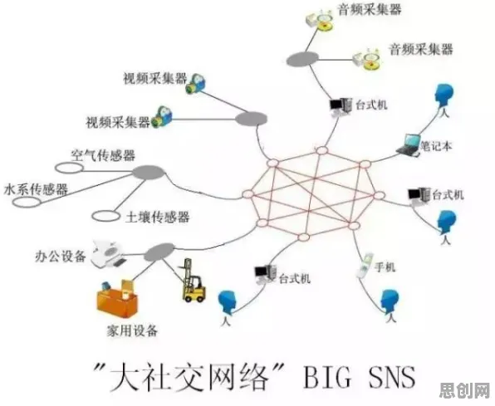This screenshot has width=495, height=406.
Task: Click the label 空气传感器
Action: pyautogui.click(x=103, y=154)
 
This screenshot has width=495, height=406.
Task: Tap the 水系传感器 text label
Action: pyautogui.click(x=36, y=189)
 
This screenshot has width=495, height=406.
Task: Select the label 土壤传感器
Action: pyautogui.click(x=157, y=217)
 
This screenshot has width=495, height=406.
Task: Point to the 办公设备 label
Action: pyautogui.click(x=61, y=256)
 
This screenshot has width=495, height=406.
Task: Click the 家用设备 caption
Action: pyautogui.click(x=132, y=330)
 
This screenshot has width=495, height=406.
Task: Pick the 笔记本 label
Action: pyautogui.click(x=436, y=146)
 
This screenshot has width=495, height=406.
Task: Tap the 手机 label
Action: pyautogui.click(x=385, y=267)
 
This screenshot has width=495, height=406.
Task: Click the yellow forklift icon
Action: pyautogui.click(x=194, y=281)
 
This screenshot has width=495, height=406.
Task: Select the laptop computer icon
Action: pyautogui.click(x=409, y=145)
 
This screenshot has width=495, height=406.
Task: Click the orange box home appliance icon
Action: pyautogui.click(x=117, y=298)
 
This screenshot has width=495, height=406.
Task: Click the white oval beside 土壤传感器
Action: pyautogui.click(x=105, y=216)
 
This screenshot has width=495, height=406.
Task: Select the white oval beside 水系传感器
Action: pyautogui.click(x=27, y=202)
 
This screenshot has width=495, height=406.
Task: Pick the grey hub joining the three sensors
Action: pyautogui.click(x=149, y=172)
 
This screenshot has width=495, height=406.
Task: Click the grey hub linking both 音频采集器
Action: pyautogui.click(x=302, y=59)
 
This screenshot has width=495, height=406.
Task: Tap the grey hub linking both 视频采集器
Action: pyautogui.click(x=252, y=119)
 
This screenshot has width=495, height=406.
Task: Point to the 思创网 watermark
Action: pyautogui.click(x=465, y=391)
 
